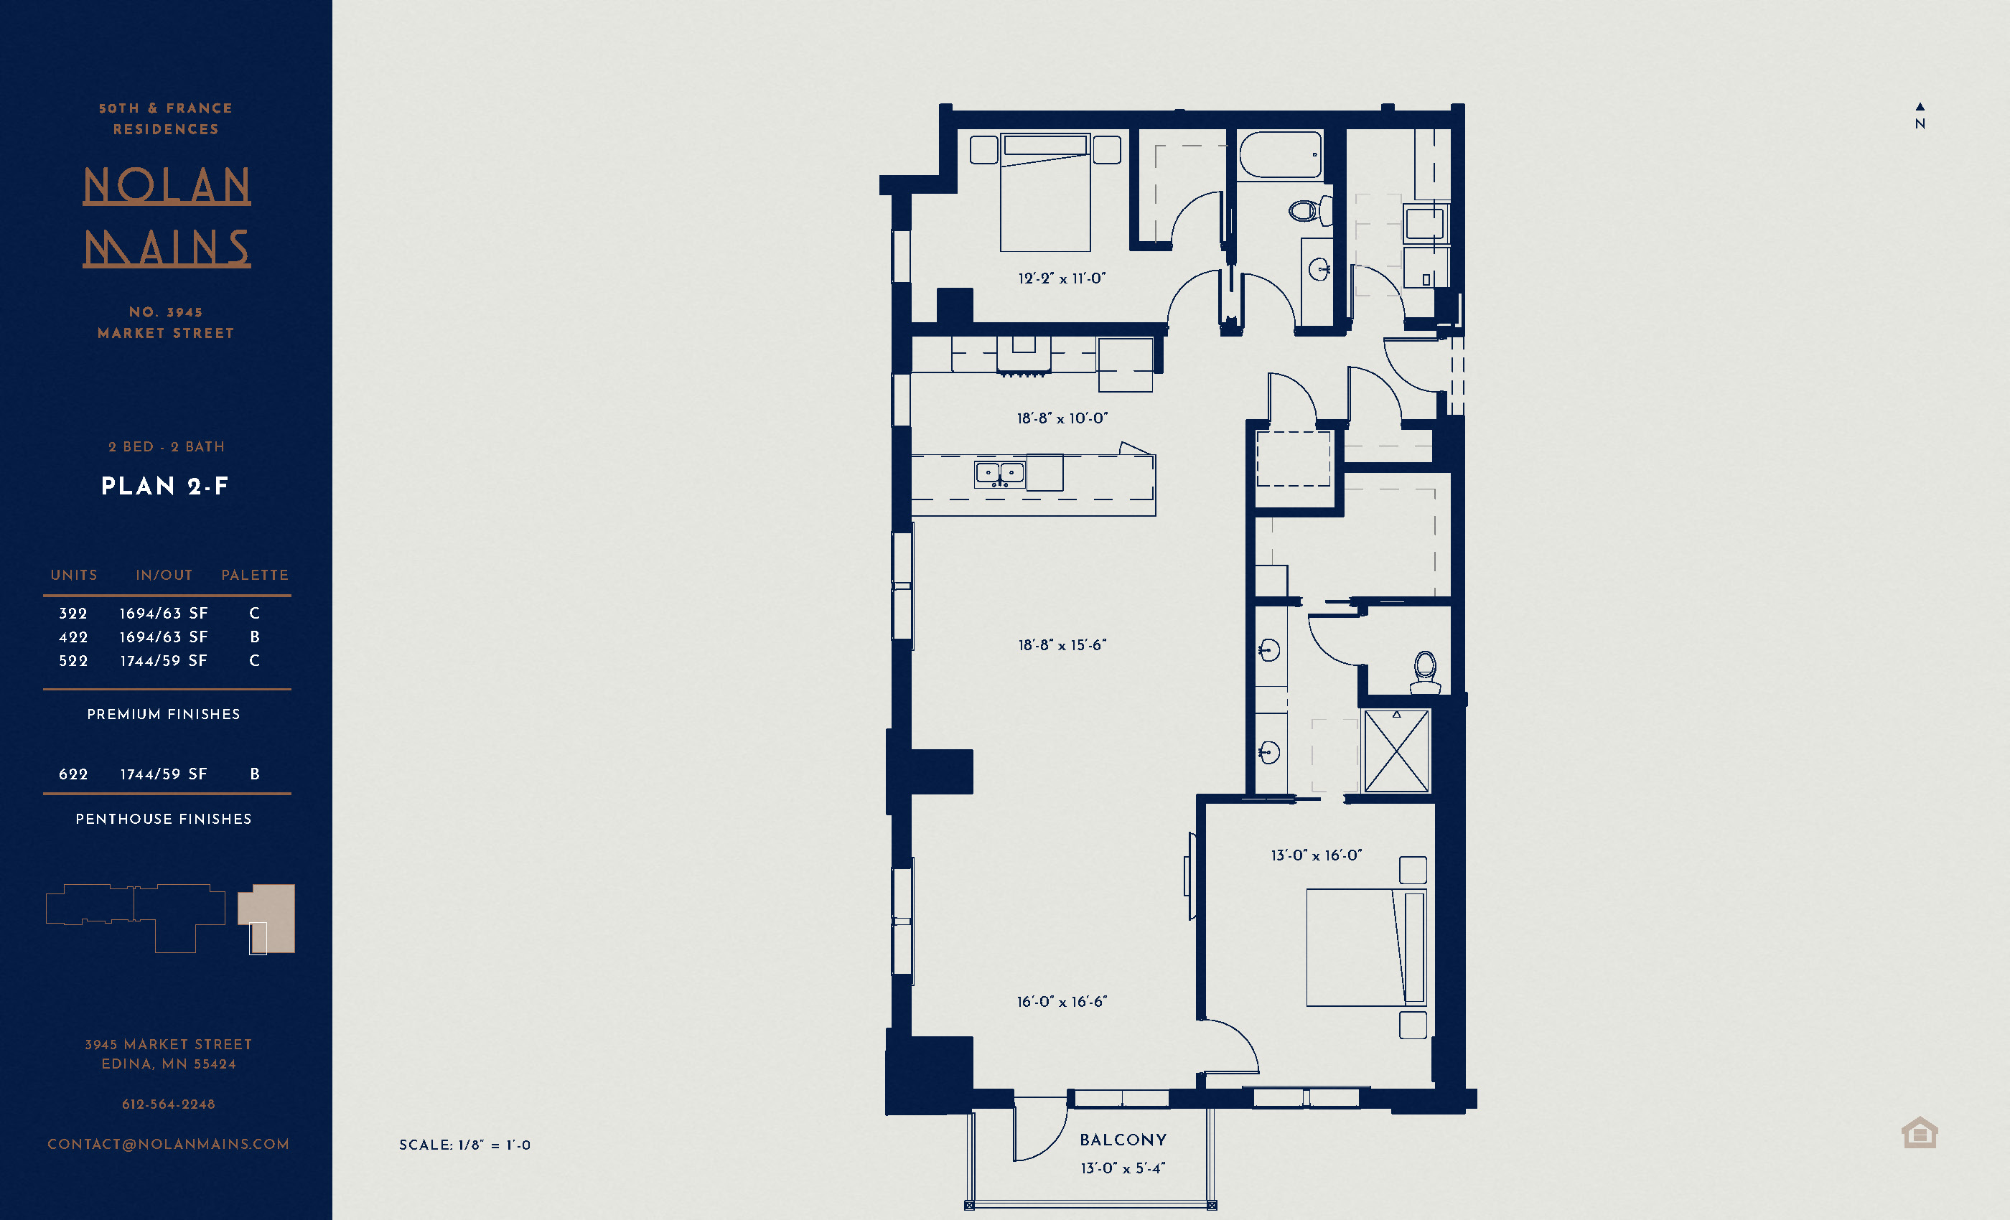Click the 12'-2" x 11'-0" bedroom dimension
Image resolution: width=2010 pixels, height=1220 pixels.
click(1061, 278)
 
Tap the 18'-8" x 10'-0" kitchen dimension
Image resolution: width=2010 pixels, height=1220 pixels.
click(1061, 418)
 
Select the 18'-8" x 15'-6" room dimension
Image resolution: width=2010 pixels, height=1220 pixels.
click(1061, 645)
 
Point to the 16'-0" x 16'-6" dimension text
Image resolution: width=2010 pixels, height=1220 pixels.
click(1061, 1001)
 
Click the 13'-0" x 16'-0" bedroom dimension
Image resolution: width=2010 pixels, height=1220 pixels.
click(1316, 855)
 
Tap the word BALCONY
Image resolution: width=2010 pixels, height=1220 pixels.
click(1123, 1140)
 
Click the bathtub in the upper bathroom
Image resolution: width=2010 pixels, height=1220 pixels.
click(1280, 155)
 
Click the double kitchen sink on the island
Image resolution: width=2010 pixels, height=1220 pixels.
click(999, 474)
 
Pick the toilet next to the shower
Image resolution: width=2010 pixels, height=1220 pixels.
click(1425, 670)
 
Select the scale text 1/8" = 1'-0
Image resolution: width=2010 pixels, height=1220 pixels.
click(464, 1145)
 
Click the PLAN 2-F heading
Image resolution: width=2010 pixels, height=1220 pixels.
click(165, 487)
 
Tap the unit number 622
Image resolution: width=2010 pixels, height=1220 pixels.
click(73, 774)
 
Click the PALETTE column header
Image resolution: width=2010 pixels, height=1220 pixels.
click(255, 575)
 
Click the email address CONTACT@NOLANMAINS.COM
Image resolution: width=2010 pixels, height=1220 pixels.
click(168, 1144)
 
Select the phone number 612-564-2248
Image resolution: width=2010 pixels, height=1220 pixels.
click(168, 1104)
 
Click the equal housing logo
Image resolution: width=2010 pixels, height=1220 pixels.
click(1919, 1132)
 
